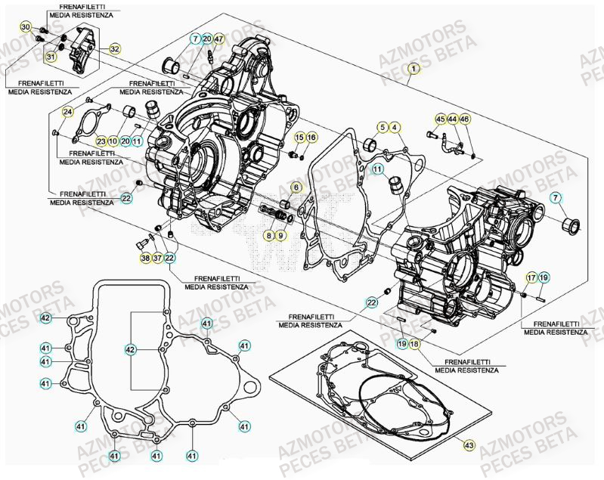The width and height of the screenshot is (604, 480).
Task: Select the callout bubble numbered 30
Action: [x=25, y=28]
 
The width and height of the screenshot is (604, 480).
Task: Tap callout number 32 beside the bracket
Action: [x=114, y=49]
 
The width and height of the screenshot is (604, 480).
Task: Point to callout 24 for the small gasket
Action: [x=67, y=113]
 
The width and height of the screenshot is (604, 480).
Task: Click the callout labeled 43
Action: [x=468, y=447]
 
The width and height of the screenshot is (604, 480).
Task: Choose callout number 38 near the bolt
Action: [x=145, y=259]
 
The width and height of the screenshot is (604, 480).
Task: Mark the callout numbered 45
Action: [x=441, y=118]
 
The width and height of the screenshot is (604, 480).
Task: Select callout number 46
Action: [x=464, y=118]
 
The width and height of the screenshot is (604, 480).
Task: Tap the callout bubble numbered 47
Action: [x=218, y=39]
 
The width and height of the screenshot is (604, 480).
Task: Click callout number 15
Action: [x=299, y=137]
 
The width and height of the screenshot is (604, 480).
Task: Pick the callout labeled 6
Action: [x=296, y=187]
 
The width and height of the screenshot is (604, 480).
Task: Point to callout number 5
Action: [x=383, y=127]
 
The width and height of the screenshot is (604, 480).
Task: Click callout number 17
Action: [x=531, y=277]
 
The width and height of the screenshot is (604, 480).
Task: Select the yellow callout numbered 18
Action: [x=414, y=344]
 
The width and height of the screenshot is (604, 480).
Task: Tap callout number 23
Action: [x=101, y=141]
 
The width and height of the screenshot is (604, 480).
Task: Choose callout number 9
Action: [x=280, y=237]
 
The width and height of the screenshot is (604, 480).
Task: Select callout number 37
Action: [x=156, y=259]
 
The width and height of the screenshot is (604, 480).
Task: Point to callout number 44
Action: [x=452, y=118]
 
